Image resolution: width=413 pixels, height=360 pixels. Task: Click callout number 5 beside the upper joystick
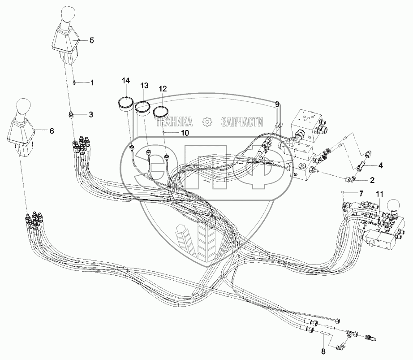[91, 41]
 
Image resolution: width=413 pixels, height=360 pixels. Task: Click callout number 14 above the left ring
[126, 81]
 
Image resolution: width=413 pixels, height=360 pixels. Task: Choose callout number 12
[162, 89]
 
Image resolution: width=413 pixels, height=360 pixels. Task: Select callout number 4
[380, 165]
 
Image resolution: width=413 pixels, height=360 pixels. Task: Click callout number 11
[379, 194]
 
